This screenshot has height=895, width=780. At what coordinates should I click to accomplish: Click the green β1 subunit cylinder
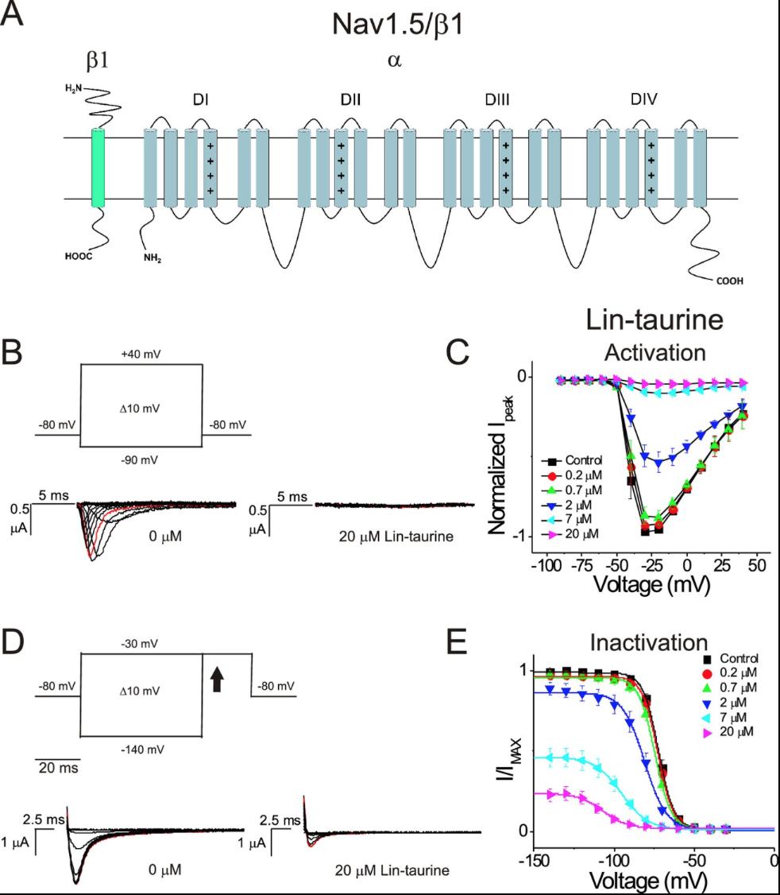click(98, 168)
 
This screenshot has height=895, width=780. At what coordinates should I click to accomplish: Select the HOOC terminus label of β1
click(80, 257)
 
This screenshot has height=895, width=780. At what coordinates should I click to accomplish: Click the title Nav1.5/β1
click(398, 26)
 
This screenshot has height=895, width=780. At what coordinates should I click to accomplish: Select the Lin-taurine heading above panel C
click(654, 320)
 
